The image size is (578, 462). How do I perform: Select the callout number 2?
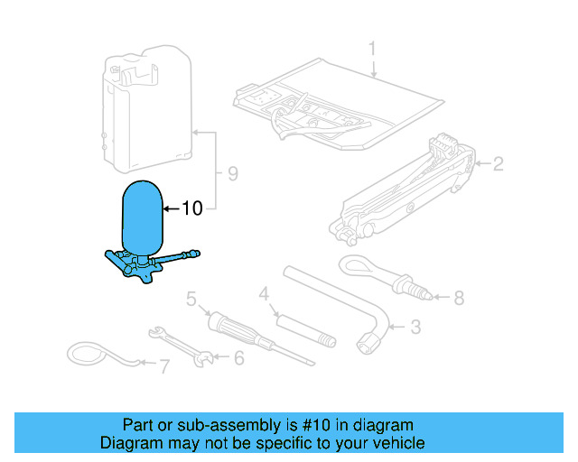point(497,164)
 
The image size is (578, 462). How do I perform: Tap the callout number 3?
point(415,327)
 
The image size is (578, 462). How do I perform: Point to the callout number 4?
point(264,293)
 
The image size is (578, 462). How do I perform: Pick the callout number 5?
point(191,298)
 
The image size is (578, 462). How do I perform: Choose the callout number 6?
point(238,358)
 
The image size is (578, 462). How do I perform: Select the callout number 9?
point(233,173)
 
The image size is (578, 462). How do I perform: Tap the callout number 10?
point(191,208)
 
